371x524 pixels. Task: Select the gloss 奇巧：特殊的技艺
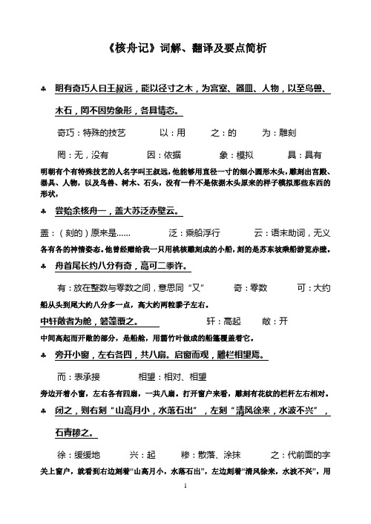[x=91, y=134]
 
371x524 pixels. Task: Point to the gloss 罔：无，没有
[x=83, y=154]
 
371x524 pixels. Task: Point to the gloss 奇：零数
[x=249, y=286]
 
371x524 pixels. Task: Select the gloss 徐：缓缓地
[x=82, y=453]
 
